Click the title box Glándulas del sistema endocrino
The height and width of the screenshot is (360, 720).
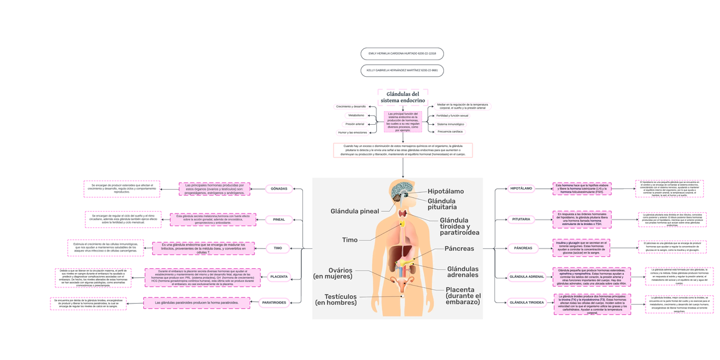(x=403, y=97)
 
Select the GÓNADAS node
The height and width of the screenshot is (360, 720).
(x=279, y=189)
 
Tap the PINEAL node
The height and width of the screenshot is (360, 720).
(x=279, y=220)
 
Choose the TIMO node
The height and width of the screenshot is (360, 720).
(x=278, y=248)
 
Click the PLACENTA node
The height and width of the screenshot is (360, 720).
(x=279, y=277)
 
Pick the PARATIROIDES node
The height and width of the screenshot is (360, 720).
(x=274, y=302)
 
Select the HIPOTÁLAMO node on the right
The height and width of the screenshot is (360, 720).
(x=521, y=188)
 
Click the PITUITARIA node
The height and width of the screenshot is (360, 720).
(x=521, y=220)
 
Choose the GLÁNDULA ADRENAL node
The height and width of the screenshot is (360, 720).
(x=526, y=277)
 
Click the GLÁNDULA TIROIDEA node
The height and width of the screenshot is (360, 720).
(x=526, y=302)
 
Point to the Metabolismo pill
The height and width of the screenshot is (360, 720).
(x=356, y=115)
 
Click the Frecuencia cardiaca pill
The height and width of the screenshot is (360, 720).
(x=450, y=131)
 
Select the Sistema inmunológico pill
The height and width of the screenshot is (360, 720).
(x=451, y=124)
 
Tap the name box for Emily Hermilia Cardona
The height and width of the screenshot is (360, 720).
(x=402, y=54)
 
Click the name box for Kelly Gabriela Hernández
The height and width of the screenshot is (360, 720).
(x=402, y=70)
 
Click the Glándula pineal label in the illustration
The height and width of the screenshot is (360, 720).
(x=355, y=211)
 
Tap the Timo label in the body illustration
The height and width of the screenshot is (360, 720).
(x=350, y=240)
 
